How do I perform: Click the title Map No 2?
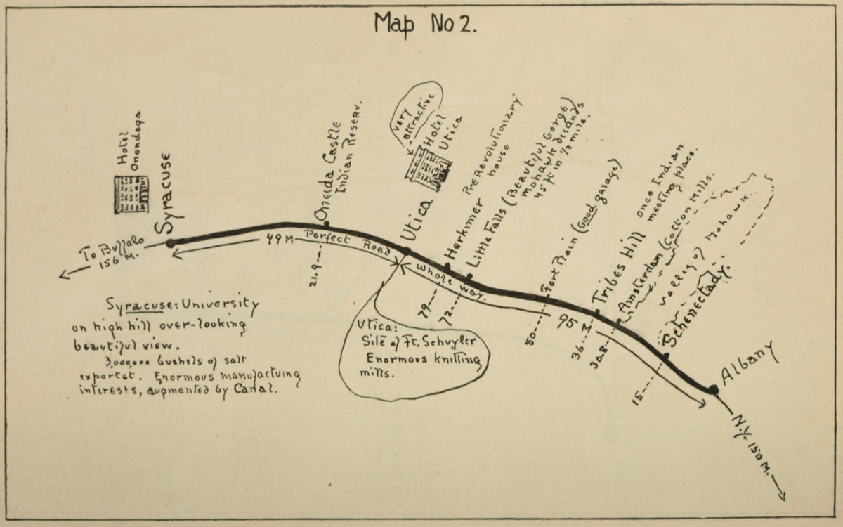426,24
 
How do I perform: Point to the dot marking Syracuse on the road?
170,243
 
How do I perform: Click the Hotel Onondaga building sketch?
131,194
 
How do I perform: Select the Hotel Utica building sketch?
427,168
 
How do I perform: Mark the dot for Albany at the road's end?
713,389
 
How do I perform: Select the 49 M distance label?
278,239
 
